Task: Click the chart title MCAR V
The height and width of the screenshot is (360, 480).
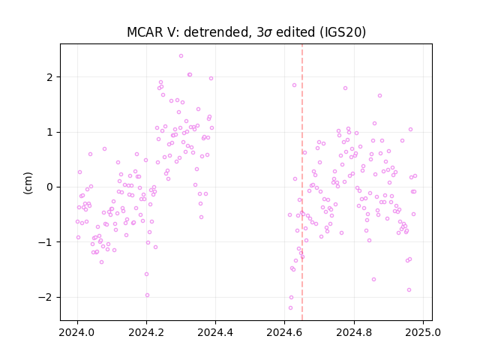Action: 153,32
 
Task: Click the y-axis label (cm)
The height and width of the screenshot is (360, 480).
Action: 28,183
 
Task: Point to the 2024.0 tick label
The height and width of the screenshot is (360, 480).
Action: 77,332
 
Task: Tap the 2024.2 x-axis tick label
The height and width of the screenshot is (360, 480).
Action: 146,332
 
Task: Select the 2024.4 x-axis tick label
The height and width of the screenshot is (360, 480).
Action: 215,332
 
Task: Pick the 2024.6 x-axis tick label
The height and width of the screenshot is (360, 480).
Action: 285,332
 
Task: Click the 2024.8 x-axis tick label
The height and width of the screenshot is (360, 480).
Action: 354,332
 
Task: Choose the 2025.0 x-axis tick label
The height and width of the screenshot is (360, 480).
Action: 423,332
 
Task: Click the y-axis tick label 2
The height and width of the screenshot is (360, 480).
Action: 49,77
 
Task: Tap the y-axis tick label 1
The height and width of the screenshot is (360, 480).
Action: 49,132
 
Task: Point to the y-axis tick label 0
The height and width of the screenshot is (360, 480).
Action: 49,187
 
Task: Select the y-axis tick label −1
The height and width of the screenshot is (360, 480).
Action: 45,242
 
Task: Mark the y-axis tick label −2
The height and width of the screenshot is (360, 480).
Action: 45,297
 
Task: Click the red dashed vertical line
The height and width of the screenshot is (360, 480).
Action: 302,182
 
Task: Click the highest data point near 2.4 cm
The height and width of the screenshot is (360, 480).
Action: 181,55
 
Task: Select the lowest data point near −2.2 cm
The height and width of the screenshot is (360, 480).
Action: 290,307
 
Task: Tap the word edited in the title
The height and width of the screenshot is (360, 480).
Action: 295,32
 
